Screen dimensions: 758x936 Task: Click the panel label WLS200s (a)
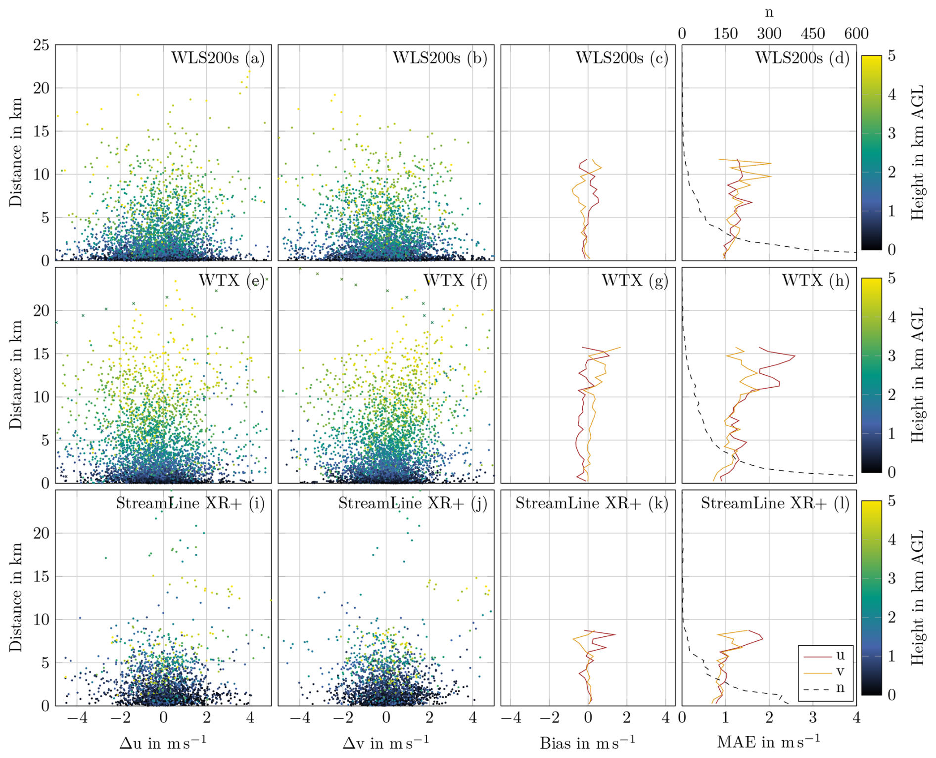[218, 58]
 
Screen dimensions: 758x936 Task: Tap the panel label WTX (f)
[455, 281]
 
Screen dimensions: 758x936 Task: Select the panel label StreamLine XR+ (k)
[592, 503]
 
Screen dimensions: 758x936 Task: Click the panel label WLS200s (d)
[802, 58]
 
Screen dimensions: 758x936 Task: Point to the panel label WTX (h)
[815, 281]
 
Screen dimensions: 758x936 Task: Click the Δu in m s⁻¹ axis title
[163, 742]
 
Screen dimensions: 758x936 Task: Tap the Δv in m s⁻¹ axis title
[385, 742]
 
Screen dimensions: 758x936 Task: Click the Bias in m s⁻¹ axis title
[587, 742]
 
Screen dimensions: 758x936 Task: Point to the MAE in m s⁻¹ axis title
[768, 742]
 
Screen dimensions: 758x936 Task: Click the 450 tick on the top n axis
[812, 34]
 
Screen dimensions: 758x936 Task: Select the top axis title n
[769, 12]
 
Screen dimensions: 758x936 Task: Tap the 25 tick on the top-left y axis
[42, 45]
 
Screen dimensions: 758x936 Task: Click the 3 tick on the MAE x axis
[812, 717]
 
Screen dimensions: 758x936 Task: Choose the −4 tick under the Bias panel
[511, 717]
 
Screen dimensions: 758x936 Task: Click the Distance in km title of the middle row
[16, 375]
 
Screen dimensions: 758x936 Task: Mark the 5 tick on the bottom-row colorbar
[891, 501]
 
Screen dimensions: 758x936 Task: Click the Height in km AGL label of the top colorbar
[917, 152]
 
